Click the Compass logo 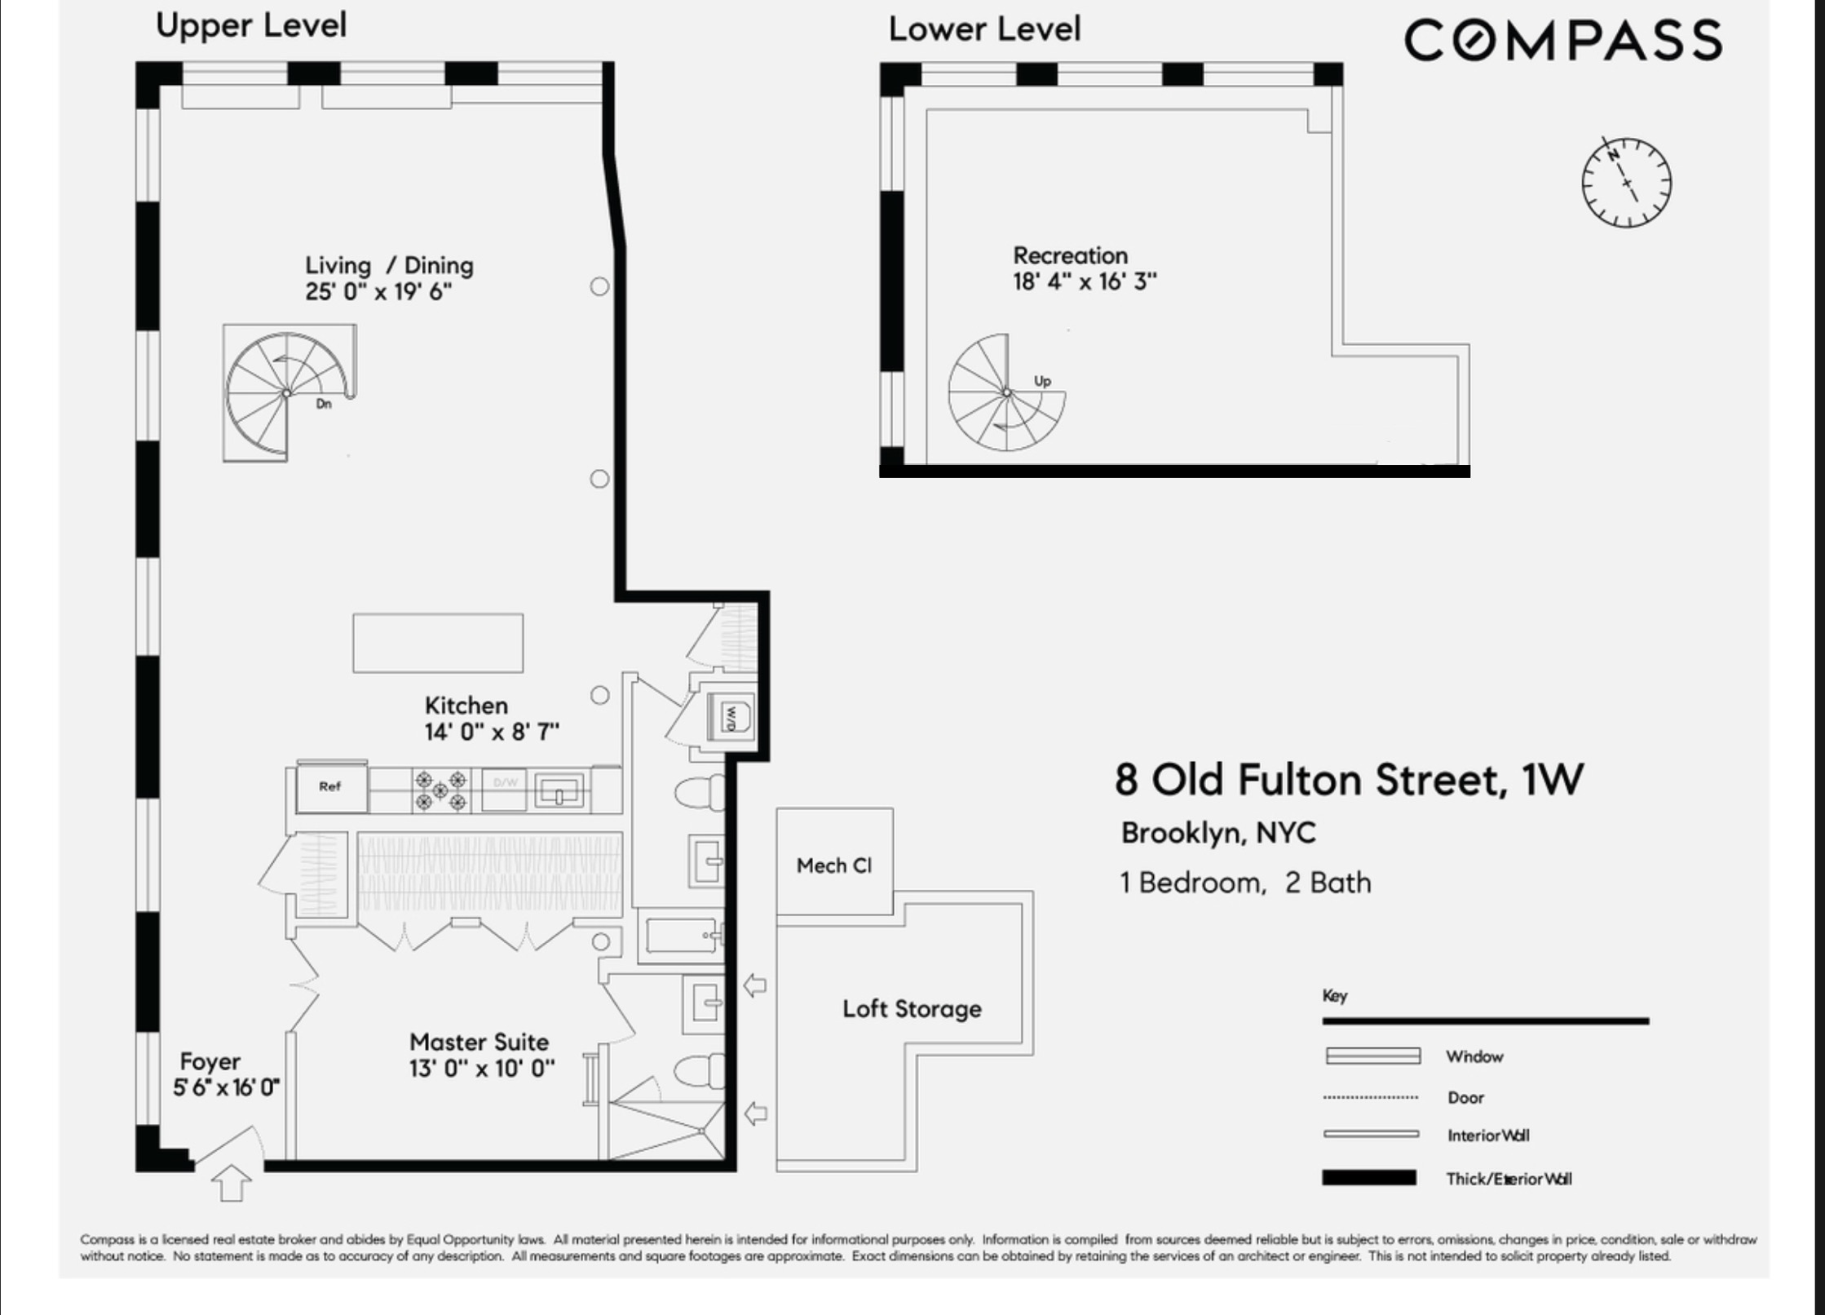(x=1562, y=41)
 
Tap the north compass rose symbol (x=1626, y=183)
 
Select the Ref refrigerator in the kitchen (x=330, y=787)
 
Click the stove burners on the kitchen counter (x=440, y=790)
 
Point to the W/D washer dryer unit (x=731, y=717)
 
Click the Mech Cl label (x=834, y=866)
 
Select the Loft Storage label (x=912, y=1009)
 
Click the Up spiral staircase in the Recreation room (x=1006, y=393)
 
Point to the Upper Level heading (x=251, y=25)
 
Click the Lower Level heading (x=984, y=29)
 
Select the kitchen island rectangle (x=438, y=644)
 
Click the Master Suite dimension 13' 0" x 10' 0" (x=482, y=1069)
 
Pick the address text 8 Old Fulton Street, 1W (x=1349, y=779)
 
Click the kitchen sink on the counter (x=559, y=790)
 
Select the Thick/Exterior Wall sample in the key (x=1368, y=1178)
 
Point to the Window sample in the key (x=1373, y=1056)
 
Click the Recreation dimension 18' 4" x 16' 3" (x=1085, y=281)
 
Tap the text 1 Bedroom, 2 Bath (x=1245, y=883)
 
